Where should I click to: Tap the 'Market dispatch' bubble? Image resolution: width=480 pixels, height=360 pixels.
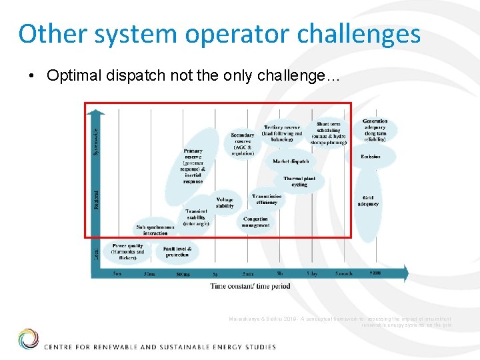coord(291,161)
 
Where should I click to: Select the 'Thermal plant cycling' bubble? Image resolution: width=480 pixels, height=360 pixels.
coord(299,181)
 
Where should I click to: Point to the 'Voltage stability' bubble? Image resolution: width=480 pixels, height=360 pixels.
coord(225,203)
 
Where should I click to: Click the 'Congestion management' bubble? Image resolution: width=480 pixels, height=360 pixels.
coord(255,222)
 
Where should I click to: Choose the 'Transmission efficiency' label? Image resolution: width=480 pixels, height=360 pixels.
coord(267,199)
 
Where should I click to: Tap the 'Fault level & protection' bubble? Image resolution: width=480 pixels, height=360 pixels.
coord(177,251)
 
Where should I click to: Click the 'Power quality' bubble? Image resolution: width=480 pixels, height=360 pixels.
coord(128,251)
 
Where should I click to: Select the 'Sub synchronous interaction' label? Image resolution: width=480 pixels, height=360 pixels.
coord(155,230)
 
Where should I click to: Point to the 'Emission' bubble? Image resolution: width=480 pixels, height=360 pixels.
coord(371,157)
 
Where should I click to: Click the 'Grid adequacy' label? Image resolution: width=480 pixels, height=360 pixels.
coord(368,201)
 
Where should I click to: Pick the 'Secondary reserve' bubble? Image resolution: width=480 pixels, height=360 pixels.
coord(243,144)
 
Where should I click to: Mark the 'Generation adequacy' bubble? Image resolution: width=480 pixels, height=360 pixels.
coord(375,131)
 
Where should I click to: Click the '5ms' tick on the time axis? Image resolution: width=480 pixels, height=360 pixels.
coord(117,274)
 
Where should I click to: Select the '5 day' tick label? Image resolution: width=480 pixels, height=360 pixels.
coord(312,274)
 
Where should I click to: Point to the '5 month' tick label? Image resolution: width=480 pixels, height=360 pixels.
coord(344,274)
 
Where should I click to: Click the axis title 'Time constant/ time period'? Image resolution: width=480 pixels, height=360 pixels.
coord(250,286)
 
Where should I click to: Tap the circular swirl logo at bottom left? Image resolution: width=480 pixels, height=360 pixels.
coord(28,339)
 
